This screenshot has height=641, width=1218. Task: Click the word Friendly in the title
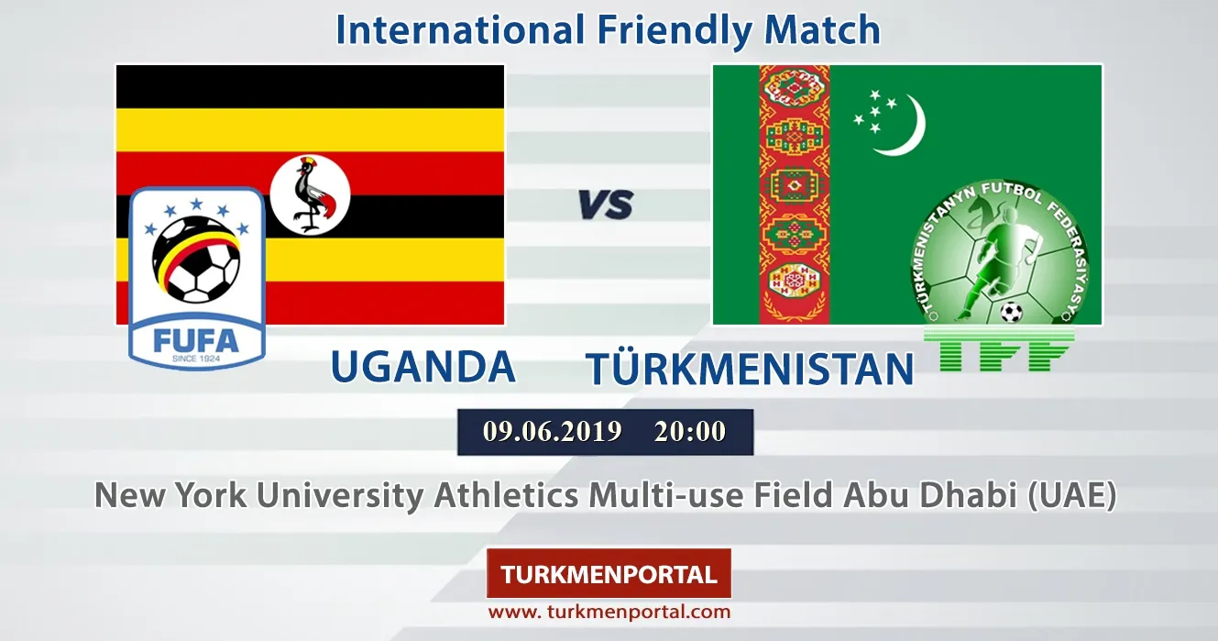[x=675, y=30]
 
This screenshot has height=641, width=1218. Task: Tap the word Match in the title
[x=822, y=29]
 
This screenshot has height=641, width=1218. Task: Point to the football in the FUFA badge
[x=196, y=260]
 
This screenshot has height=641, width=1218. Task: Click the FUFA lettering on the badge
[x=196, y=342]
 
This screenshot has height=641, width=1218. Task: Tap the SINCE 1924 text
[x=196, y=359]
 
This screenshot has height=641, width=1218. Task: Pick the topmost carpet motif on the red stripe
[x=794, y=86]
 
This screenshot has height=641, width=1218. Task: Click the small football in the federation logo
[x=1011, y=313]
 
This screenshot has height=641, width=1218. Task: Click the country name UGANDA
[x=423, y=366]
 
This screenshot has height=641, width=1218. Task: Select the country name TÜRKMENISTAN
[x=750, y=368]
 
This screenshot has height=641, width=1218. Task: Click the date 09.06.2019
[x=552, y=432]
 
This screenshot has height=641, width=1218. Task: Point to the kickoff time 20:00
[x=690, y=432]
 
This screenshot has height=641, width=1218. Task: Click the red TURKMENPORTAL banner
[x=609, y=573]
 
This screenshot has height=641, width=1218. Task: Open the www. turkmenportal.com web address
[x=609, y=613]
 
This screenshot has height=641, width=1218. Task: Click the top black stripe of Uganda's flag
[x=310, y=86]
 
